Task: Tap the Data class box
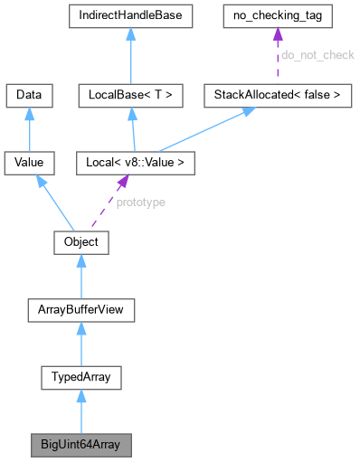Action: (x=30, y=94)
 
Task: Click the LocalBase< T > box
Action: (x=131, y=94)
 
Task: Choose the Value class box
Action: (x=30, y=164)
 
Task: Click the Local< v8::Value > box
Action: (x=131, y=164)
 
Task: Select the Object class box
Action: (x=81, y=243)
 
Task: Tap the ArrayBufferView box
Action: (x=81, y=311)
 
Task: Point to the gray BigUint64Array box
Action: (x=81, y=446)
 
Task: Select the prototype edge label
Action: (x=141, y=203)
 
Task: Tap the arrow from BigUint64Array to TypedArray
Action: (x=81, y=412)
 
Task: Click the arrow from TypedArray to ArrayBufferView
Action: (x=81, y=344)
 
